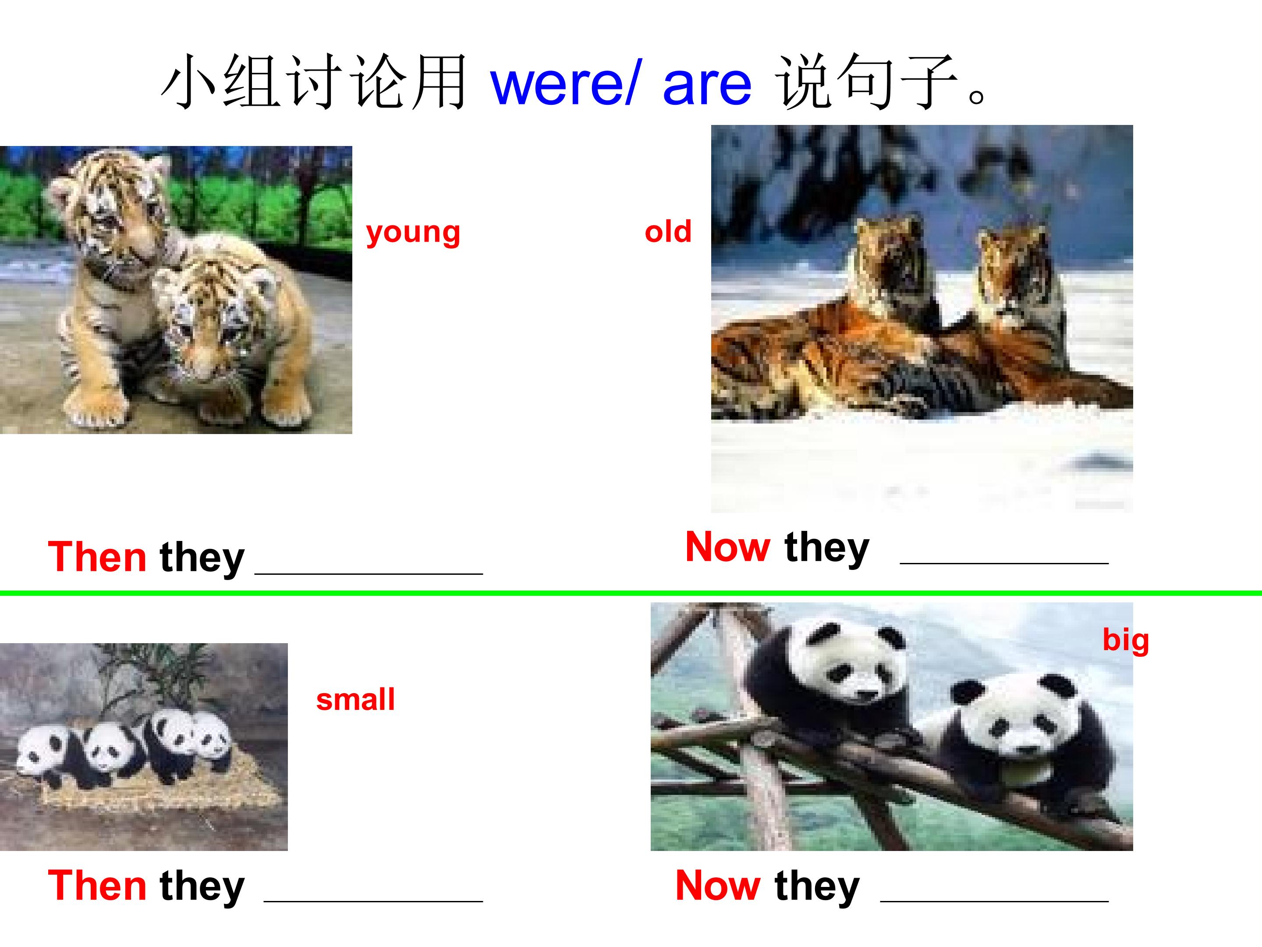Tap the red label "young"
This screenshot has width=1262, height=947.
[x=413, y=232]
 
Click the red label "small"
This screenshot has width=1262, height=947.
[x=355, y=700]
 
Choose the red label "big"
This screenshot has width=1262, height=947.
[x=1125, y=640]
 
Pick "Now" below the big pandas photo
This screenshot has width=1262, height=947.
[x=717, y=886]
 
